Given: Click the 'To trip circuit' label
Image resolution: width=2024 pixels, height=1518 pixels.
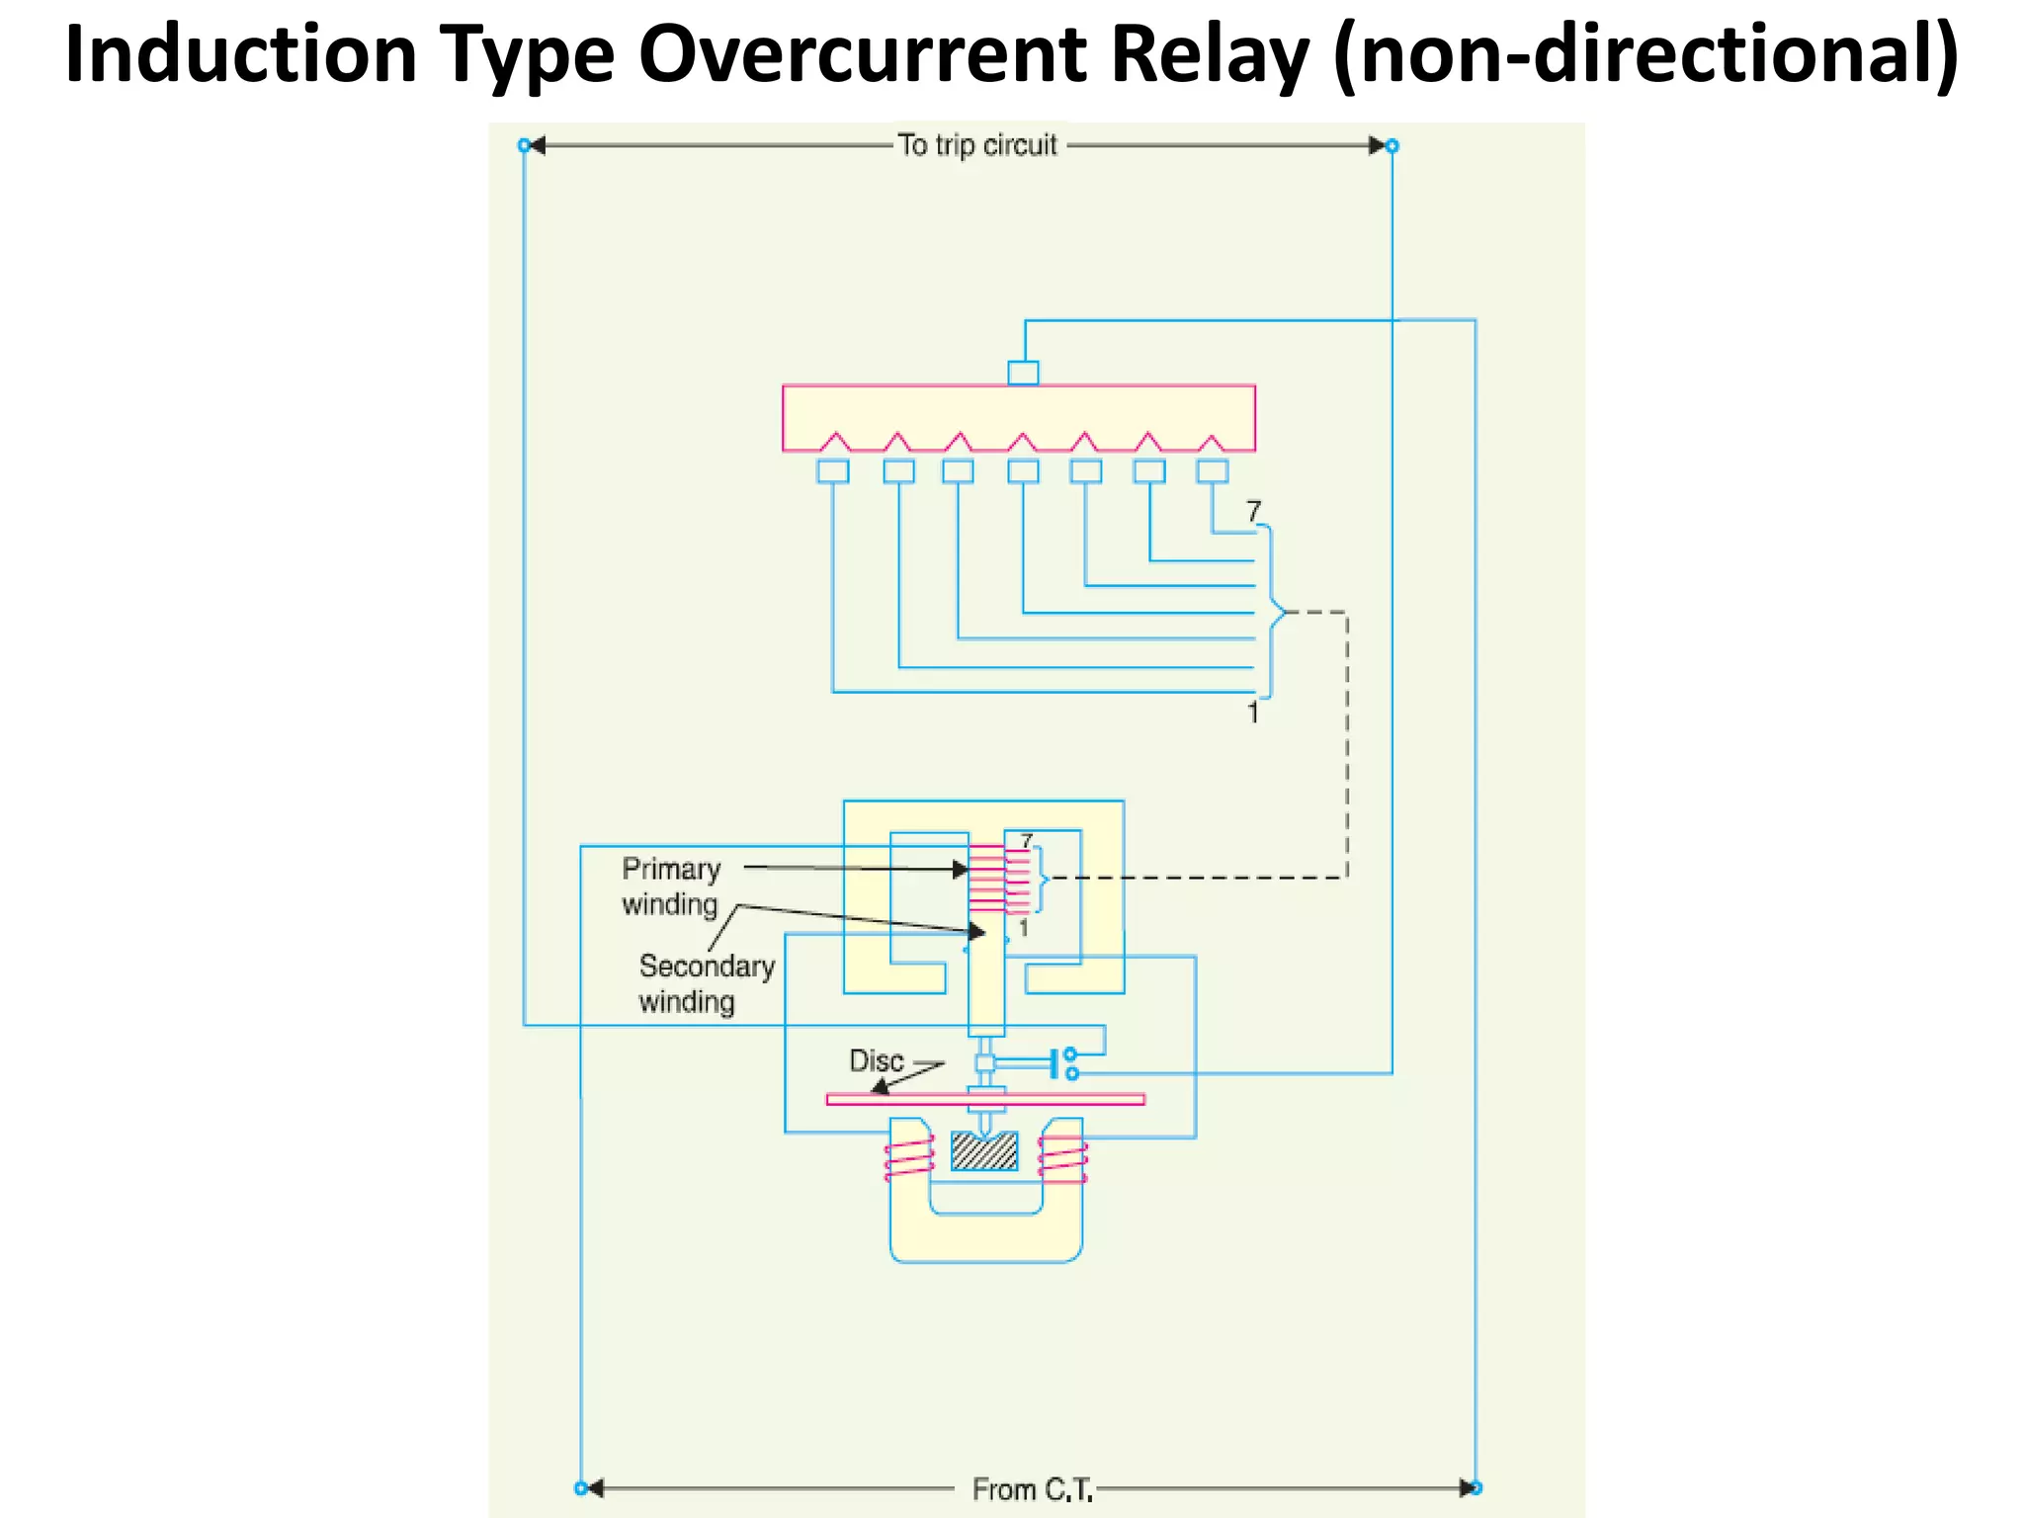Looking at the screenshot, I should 977,145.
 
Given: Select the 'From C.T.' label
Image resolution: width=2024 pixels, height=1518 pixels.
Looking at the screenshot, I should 1032,1489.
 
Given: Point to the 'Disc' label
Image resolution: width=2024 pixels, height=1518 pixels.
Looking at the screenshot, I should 877,1060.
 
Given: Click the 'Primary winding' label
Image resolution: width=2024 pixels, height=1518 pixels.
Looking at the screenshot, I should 671,886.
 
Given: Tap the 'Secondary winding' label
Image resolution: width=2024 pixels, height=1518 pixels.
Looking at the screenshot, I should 706,983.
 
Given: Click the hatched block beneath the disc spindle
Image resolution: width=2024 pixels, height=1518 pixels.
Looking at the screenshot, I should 984,1151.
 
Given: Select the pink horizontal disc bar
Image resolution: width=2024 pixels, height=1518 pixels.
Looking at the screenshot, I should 985,1099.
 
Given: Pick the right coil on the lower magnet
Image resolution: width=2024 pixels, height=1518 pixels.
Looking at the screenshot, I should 1062,1159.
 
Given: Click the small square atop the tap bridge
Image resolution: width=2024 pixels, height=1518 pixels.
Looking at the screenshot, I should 1023,373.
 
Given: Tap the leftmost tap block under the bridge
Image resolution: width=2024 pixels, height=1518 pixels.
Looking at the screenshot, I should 832,470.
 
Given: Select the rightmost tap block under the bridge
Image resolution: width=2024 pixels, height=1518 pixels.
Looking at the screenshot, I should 1213,470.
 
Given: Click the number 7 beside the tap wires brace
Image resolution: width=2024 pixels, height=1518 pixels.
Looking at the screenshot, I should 1253,511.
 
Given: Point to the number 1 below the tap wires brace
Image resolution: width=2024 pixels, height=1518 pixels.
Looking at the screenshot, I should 1252,713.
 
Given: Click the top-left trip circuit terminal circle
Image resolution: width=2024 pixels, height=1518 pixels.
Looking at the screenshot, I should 525,145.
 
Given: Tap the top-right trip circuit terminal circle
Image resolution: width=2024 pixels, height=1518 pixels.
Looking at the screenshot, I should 1391,145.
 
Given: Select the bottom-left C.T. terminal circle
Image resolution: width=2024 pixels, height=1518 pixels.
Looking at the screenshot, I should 581,1488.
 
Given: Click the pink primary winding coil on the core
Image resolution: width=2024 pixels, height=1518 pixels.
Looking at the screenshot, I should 986,878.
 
